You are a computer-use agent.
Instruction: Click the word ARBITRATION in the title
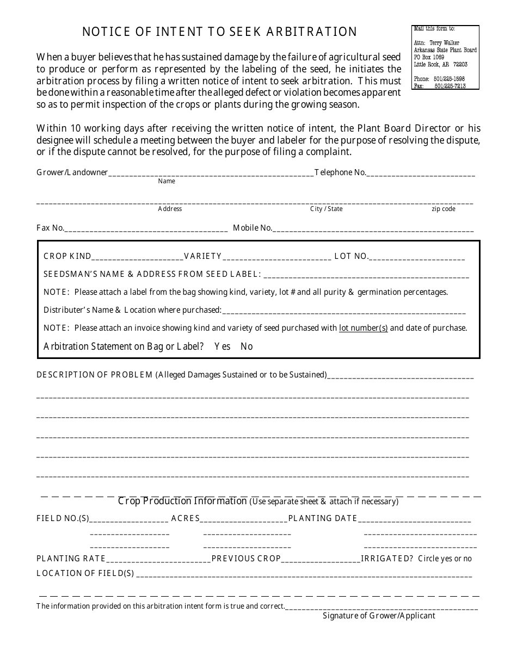[312, 32]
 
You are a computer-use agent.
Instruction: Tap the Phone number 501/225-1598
[450, 79]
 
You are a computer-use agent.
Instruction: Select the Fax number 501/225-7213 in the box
[450, 86]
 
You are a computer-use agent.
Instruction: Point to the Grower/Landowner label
[72, 172]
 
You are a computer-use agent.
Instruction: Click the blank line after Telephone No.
[421, 175]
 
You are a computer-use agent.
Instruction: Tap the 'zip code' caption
[444, 209]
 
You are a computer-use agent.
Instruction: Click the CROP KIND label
[67, 256]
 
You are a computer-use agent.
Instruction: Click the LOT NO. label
[352, 256]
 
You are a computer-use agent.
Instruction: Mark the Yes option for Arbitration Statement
[223, 346]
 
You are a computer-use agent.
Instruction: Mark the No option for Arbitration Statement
[247, 346]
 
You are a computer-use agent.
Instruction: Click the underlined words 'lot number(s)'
[363, 328]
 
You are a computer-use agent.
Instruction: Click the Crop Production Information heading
[182, 501]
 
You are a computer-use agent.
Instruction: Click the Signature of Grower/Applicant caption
[379, 616]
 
